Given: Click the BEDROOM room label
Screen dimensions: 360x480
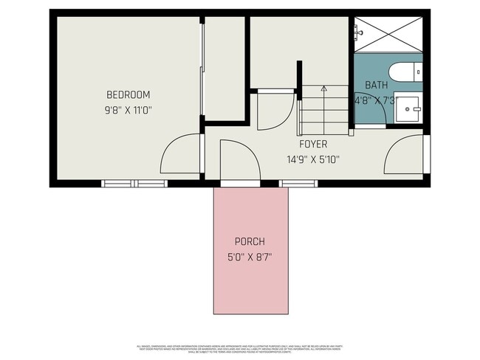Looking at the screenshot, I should coord(128,94).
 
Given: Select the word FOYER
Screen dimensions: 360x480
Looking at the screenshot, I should coord(312,144).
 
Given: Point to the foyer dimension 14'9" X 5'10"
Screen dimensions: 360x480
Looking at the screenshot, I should coord(312,159).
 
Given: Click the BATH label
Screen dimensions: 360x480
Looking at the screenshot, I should coord(375,85).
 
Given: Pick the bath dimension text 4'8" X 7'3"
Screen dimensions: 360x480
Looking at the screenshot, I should coord(377,100).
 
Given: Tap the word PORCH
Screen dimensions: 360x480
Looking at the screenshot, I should coord(250,241).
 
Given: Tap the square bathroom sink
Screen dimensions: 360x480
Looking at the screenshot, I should coord(406,109).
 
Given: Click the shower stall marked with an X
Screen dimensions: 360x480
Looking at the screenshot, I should coord(388,34).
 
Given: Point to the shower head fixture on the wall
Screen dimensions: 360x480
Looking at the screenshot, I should coord(357,32).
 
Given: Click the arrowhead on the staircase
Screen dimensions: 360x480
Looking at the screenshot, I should coord(323,89).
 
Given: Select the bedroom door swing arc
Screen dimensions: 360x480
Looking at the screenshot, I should coord(179,153).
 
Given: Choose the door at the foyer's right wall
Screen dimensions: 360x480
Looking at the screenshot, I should coord(405,155).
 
